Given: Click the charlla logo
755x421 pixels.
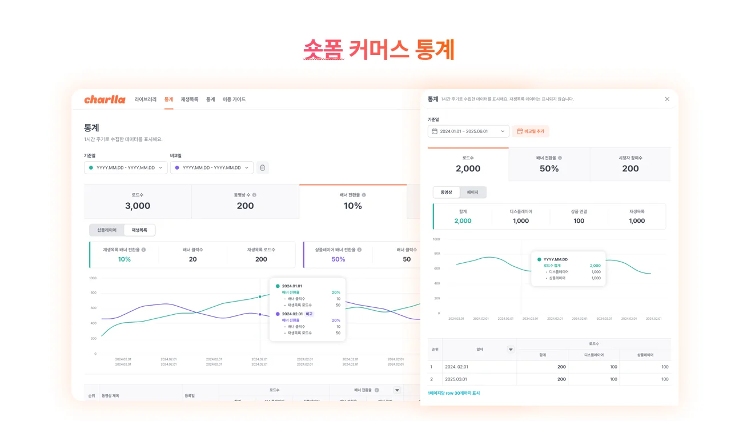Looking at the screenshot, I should coord(105,99).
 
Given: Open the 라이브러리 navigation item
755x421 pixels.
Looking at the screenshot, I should coord(146,99).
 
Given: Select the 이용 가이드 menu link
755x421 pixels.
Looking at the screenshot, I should coord(234,99).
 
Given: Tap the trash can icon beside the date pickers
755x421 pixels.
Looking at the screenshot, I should coord(262,167).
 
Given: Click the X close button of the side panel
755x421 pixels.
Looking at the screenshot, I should coord(667,99).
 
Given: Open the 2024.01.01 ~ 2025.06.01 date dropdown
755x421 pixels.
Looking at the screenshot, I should coord(468,131).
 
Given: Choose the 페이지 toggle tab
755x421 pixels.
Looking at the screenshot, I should coord(472,193).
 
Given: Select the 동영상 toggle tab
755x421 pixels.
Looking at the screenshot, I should coord(446,193).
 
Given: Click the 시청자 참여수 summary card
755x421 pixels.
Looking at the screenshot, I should coord(630,165).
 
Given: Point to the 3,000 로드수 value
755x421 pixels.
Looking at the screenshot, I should coord(138,206).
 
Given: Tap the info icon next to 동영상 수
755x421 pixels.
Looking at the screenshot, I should coord(254,195).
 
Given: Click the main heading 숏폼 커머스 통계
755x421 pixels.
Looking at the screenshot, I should coord(378,50).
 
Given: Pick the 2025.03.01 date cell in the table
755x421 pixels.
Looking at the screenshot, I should coord(456,379).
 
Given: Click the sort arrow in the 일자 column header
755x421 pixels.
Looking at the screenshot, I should coord(511,350).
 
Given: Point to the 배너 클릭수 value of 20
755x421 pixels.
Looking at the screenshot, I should coord(192,259).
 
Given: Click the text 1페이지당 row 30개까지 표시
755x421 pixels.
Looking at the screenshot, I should coord(453,393).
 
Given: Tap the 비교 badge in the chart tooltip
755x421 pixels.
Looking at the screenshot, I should coord(309,314).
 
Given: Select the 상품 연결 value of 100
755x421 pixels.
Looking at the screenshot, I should coord(579,220).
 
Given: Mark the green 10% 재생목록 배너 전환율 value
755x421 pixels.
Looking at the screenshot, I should coord(125,259).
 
